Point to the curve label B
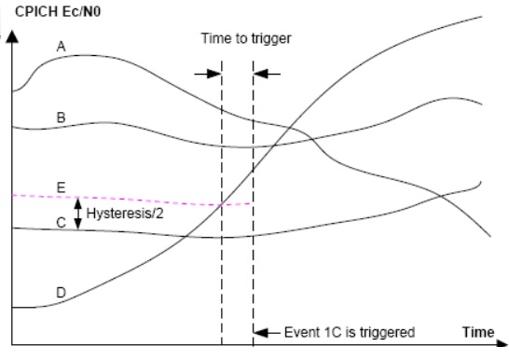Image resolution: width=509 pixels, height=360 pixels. (x=60, y=117)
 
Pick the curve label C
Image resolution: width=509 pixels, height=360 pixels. (x=60, y=223)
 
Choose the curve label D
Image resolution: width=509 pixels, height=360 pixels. (x=60, y=292)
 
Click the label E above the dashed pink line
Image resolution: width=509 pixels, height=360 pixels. (x=60, y=186)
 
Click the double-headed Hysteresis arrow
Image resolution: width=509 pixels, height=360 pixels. (x=77, y=212)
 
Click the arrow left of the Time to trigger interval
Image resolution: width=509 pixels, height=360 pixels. (x=206, y=73)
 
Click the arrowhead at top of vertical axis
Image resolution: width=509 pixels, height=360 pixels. (x=11, y=39)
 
